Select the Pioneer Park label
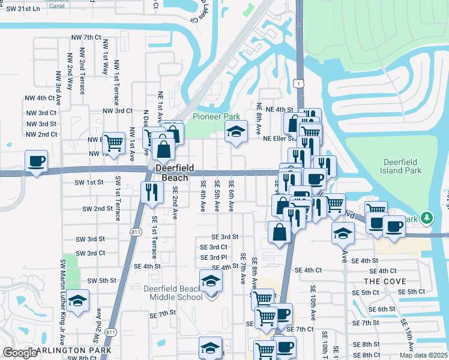coord(216,116)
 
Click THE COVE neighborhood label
coord(385,281)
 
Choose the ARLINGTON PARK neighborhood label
coord(73,350)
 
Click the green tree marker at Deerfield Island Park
coord(427,217)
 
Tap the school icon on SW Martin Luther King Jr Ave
coord(78,300)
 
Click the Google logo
coord(20,352)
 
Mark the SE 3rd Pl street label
coord(214,257)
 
